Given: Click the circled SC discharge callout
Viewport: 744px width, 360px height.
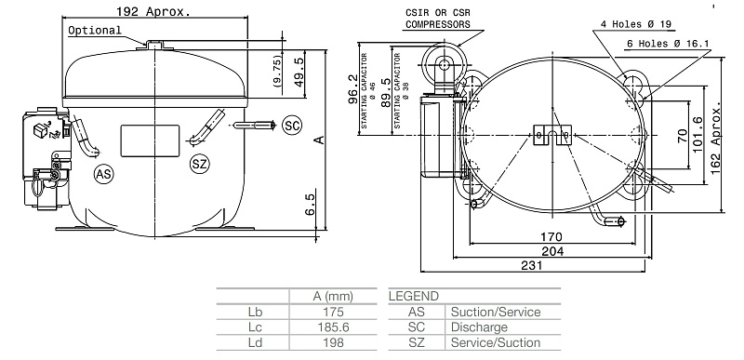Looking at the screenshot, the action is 292,126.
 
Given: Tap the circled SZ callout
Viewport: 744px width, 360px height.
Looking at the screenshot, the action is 200,164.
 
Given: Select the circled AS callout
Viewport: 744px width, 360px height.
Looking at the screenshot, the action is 104,175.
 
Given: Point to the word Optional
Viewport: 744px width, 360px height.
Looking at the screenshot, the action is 95,31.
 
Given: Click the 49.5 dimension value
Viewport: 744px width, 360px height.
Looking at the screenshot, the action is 299,73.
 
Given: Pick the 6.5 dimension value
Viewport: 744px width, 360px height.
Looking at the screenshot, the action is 310,205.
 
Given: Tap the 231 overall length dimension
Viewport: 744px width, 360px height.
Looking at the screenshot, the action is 531,265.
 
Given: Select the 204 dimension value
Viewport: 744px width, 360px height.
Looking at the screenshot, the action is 552,251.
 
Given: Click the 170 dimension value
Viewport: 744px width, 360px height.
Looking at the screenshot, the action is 551,236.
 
